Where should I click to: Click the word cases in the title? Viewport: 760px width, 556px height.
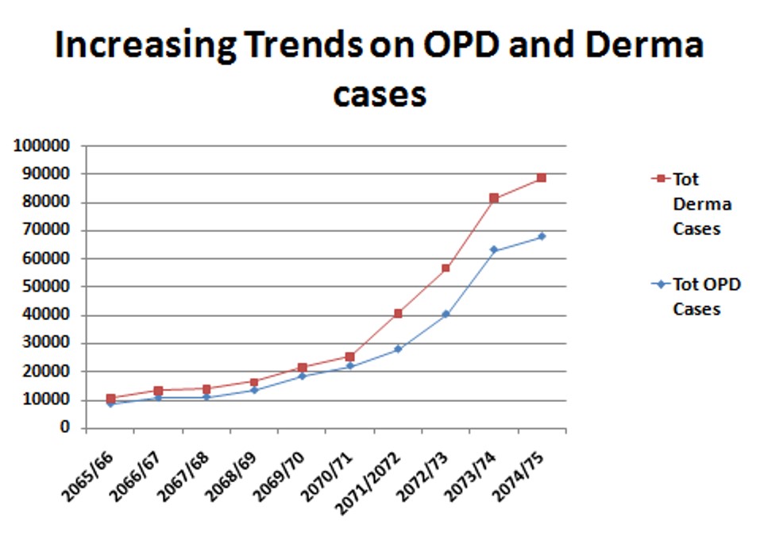tap(380, 94)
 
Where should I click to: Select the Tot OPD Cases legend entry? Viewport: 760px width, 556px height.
tap(706, 296)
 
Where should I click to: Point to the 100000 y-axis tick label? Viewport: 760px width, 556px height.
tap(41, 146)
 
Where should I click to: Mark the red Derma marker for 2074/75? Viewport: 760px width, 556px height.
tap(542, 178)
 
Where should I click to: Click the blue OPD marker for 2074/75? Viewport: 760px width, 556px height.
tap(542, 237)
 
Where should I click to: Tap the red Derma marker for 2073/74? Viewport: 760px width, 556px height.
tap(494, 199)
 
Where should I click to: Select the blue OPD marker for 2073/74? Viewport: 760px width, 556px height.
tap(494, 250)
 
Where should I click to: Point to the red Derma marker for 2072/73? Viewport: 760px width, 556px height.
tap(446, 268)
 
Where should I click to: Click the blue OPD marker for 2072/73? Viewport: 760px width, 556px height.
tap(446, 314)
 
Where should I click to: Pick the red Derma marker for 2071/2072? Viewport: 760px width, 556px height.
tap(398, 314)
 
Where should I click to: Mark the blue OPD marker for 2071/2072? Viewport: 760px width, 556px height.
tap(398, 349)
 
